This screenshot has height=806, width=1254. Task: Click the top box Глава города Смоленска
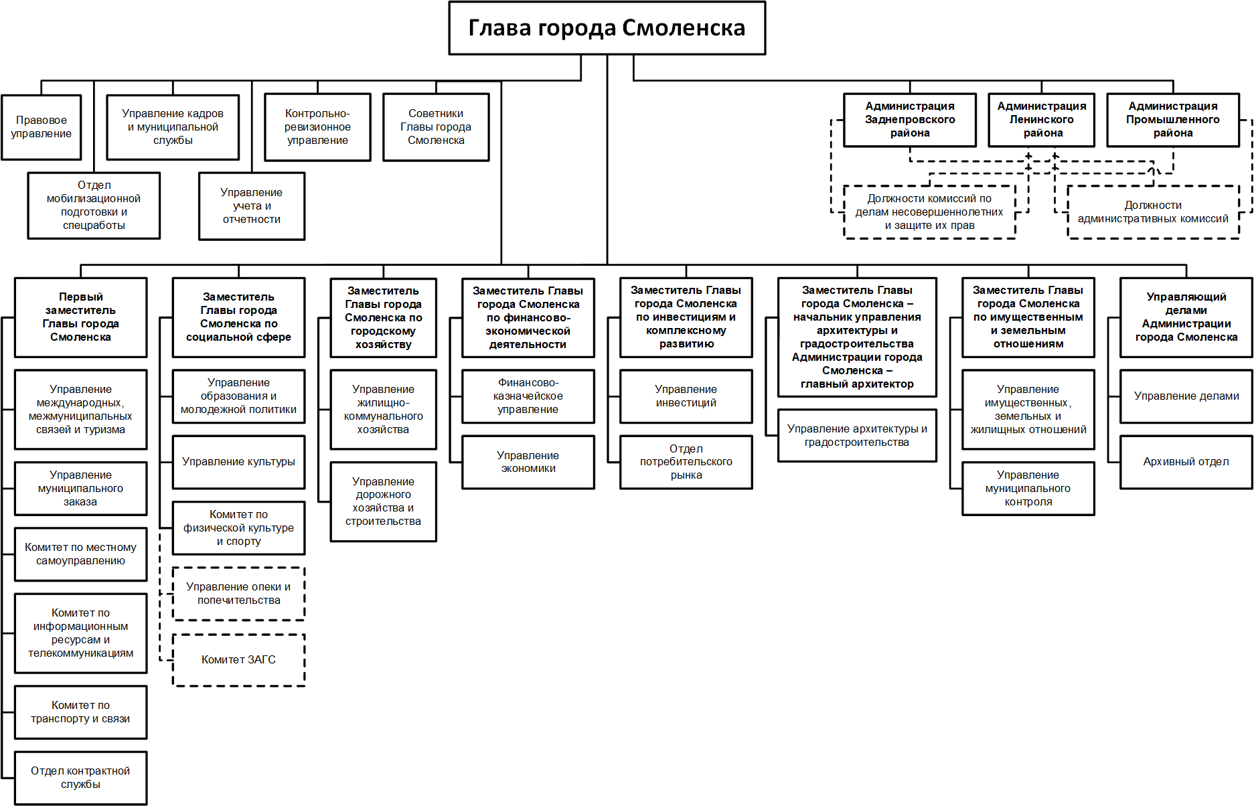(x=607, y=28)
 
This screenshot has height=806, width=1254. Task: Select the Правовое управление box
(x=42, y=127)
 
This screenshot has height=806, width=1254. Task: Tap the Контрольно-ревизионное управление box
(x=317, y=127)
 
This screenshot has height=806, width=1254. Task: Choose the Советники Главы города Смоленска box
(x=436, y=127)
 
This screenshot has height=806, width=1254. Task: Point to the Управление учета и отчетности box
(x=252, y=206)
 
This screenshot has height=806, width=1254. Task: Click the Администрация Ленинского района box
(x=1042, y=120)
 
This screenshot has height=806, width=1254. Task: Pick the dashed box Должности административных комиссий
(x=1153, y=212)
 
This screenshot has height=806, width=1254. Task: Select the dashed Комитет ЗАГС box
(x=238, y=660)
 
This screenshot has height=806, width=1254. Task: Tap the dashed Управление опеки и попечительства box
(x=238, y=594)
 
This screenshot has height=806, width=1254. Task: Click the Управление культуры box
(x=238, y=462)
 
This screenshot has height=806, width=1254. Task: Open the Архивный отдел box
(x=1186, y=462)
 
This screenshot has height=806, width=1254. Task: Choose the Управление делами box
(x=1186, y=396)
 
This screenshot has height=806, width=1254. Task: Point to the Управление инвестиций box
(x=686, y=396)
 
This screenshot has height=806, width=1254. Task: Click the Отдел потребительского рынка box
(x=686, y=462)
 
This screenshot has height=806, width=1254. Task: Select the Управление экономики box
(x=528, y=462)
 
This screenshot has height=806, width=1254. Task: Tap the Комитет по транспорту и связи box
(x=80, y=712)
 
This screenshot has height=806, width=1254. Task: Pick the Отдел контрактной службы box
(x=80, y=778)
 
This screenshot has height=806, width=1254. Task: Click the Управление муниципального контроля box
(x=1028, y=489)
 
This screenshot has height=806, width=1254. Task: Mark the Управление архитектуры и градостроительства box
(x=857, y=436)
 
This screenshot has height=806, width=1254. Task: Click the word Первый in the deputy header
(x=81, y=297)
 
